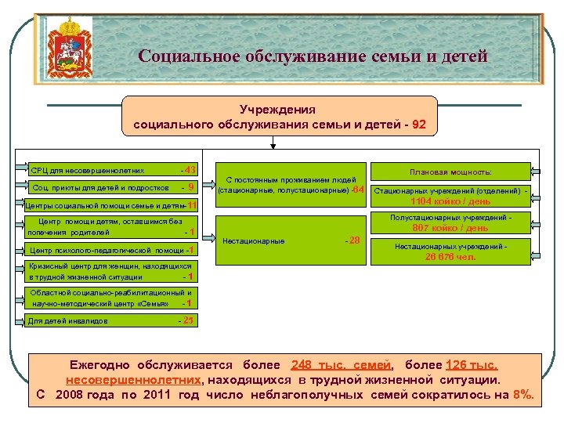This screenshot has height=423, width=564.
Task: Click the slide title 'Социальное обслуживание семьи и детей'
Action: [x=313, y=56]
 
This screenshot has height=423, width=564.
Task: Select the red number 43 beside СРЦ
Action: [x=190, y=169]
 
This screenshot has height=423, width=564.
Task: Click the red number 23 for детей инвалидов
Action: [x=187, y=320]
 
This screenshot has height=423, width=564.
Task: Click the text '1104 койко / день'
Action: [x=450, y=202]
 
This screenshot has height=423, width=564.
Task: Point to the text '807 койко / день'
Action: [x=450, y=229]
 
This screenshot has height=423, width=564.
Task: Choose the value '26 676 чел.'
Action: [x=450, y=256]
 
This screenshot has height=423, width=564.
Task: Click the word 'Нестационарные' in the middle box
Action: [x=253, y=241]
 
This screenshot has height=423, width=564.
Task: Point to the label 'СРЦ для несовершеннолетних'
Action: [x=87, y=170]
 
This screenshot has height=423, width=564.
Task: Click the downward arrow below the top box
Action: [x=272, y=142]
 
